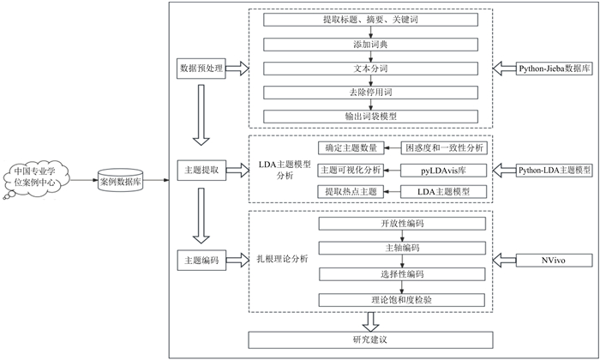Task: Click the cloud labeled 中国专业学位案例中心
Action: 35,178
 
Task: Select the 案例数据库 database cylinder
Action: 121,181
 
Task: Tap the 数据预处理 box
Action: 201,69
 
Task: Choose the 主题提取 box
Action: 201,171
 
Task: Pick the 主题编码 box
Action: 201,261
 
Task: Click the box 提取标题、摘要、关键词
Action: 370,20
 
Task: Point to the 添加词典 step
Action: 370,45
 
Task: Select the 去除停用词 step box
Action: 370,93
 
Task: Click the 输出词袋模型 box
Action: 370,117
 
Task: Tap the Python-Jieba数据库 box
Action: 554,69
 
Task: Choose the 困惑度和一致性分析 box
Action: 444,148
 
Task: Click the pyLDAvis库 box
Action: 443,171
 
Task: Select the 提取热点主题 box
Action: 351,192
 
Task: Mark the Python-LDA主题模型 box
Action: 554,171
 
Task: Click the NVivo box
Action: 554,261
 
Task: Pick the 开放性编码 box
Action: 402,224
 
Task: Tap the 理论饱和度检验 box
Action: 402,300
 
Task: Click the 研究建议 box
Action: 370,339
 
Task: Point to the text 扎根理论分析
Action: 282,259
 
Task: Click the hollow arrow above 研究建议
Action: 370,322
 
